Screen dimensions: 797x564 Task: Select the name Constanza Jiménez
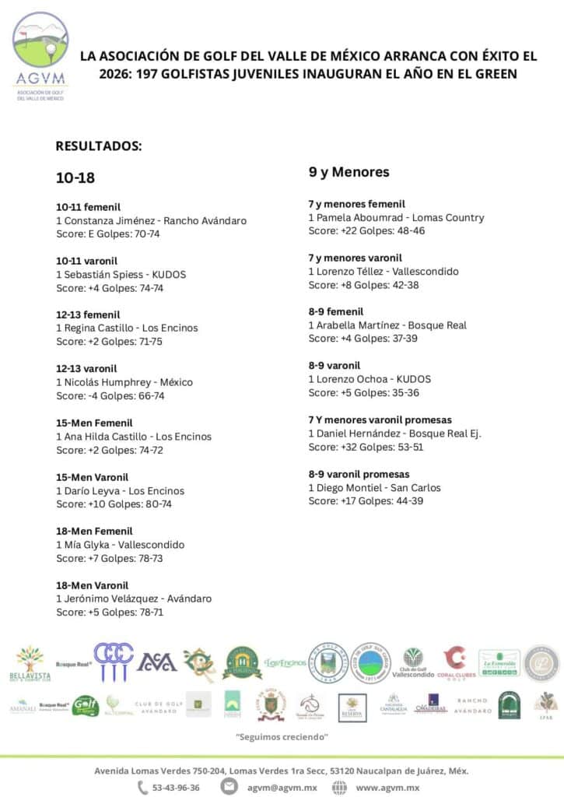pos(109,221)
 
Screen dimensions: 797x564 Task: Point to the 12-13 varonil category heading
pos(92,369)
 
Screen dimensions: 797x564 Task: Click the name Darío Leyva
pos(90,491)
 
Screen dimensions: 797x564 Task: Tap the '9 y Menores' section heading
pos(349,172)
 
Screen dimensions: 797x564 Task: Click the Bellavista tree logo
pos(29,663)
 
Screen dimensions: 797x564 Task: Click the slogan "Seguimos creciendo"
pos(282,736)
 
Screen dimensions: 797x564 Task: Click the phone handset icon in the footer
pos(142,787)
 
